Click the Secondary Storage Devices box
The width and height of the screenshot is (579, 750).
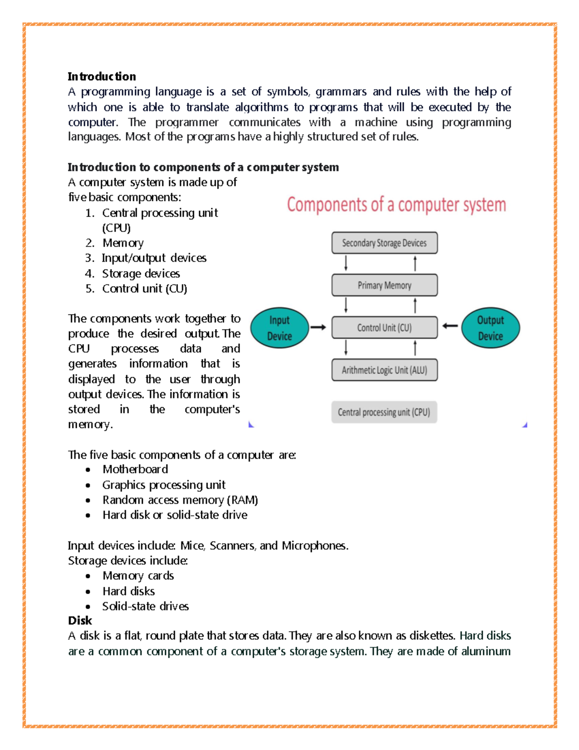385,243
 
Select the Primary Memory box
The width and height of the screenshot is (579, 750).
385,285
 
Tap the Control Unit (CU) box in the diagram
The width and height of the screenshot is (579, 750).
385,328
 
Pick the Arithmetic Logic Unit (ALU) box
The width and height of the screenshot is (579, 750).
385,370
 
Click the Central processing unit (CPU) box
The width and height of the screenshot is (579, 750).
384,412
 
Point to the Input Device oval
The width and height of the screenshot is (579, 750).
279,328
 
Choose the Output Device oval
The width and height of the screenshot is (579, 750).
490,328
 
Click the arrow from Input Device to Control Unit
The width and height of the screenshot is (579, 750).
318,327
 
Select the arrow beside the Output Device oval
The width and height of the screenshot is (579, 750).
450,326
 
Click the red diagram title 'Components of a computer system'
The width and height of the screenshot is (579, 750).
396,205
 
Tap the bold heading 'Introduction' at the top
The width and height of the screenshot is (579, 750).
102,76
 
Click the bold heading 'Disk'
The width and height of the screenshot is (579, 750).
80,621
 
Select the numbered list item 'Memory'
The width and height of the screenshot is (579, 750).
123,243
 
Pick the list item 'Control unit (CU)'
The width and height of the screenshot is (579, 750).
144,289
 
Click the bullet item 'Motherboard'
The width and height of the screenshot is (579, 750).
135,469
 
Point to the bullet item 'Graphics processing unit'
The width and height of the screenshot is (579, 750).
164,485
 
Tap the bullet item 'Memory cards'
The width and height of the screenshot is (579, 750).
138,576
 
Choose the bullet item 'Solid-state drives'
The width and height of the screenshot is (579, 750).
145,606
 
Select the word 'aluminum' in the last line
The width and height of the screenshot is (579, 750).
485,651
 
